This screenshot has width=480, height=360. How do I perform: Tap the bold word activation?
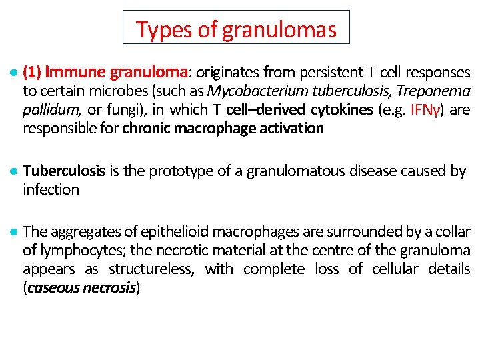[290, 128]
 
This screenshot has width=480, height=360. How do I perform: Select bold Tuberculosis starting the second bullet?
[64, 171]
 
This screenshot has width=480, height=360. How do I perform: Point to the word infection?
[51, 189]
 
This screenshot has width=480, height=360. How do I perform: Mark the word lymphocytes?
[81, 251]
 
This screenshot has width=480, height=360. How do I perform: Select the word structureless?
[151, 269]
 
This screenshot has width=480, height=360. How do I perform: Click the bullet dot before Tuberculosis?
[14, 171]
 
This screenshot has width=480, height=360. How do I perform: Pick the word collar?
[454, 232]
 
